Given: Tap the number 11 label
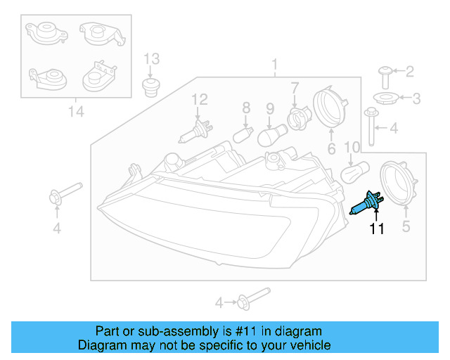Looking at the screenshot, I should point(378,229).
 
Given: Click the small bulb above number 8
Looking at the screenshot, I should point(244,132).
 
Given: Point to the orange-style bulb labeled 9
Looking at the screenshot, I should point(271,134).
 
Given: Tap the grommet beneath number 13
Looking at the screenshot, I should point(150,89).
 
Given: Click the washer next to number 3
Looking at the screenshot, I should point(382,98).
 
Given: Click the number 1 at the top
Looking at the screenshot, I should point(275,67).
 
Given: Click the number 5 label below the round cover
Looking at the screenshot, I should point(406,226).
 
